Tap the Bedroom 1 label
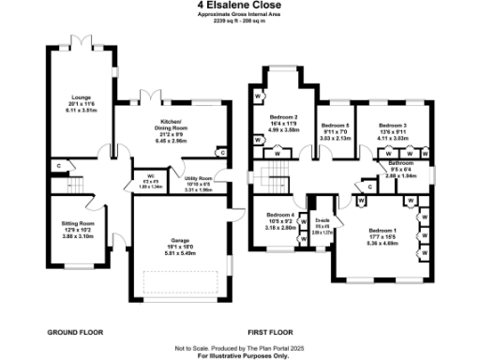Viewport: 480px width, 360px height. click(x=382, y=231)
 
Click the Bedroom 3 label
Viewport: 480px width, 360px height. click(x=393, y=125)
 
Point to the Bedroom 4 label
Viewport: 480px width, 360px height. click(x=280, y=215)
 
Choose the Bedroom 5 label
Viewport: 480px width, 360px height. click(x=335, y=126)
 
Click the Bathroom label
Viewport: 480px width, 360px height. click(x=402, y=164)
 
